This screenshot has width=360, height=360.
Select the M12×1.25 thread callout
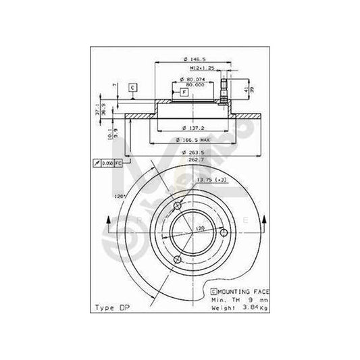195,68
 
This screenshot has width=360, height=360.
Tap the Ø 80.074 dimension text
196,79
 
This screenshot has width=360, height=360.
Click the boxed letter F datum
184,91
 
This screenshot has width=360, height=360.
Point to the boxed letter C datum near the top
133,87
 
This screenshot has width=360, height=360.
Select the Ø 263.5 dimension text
188,152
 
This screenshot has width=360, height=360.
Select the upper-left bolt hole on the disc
178,205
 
